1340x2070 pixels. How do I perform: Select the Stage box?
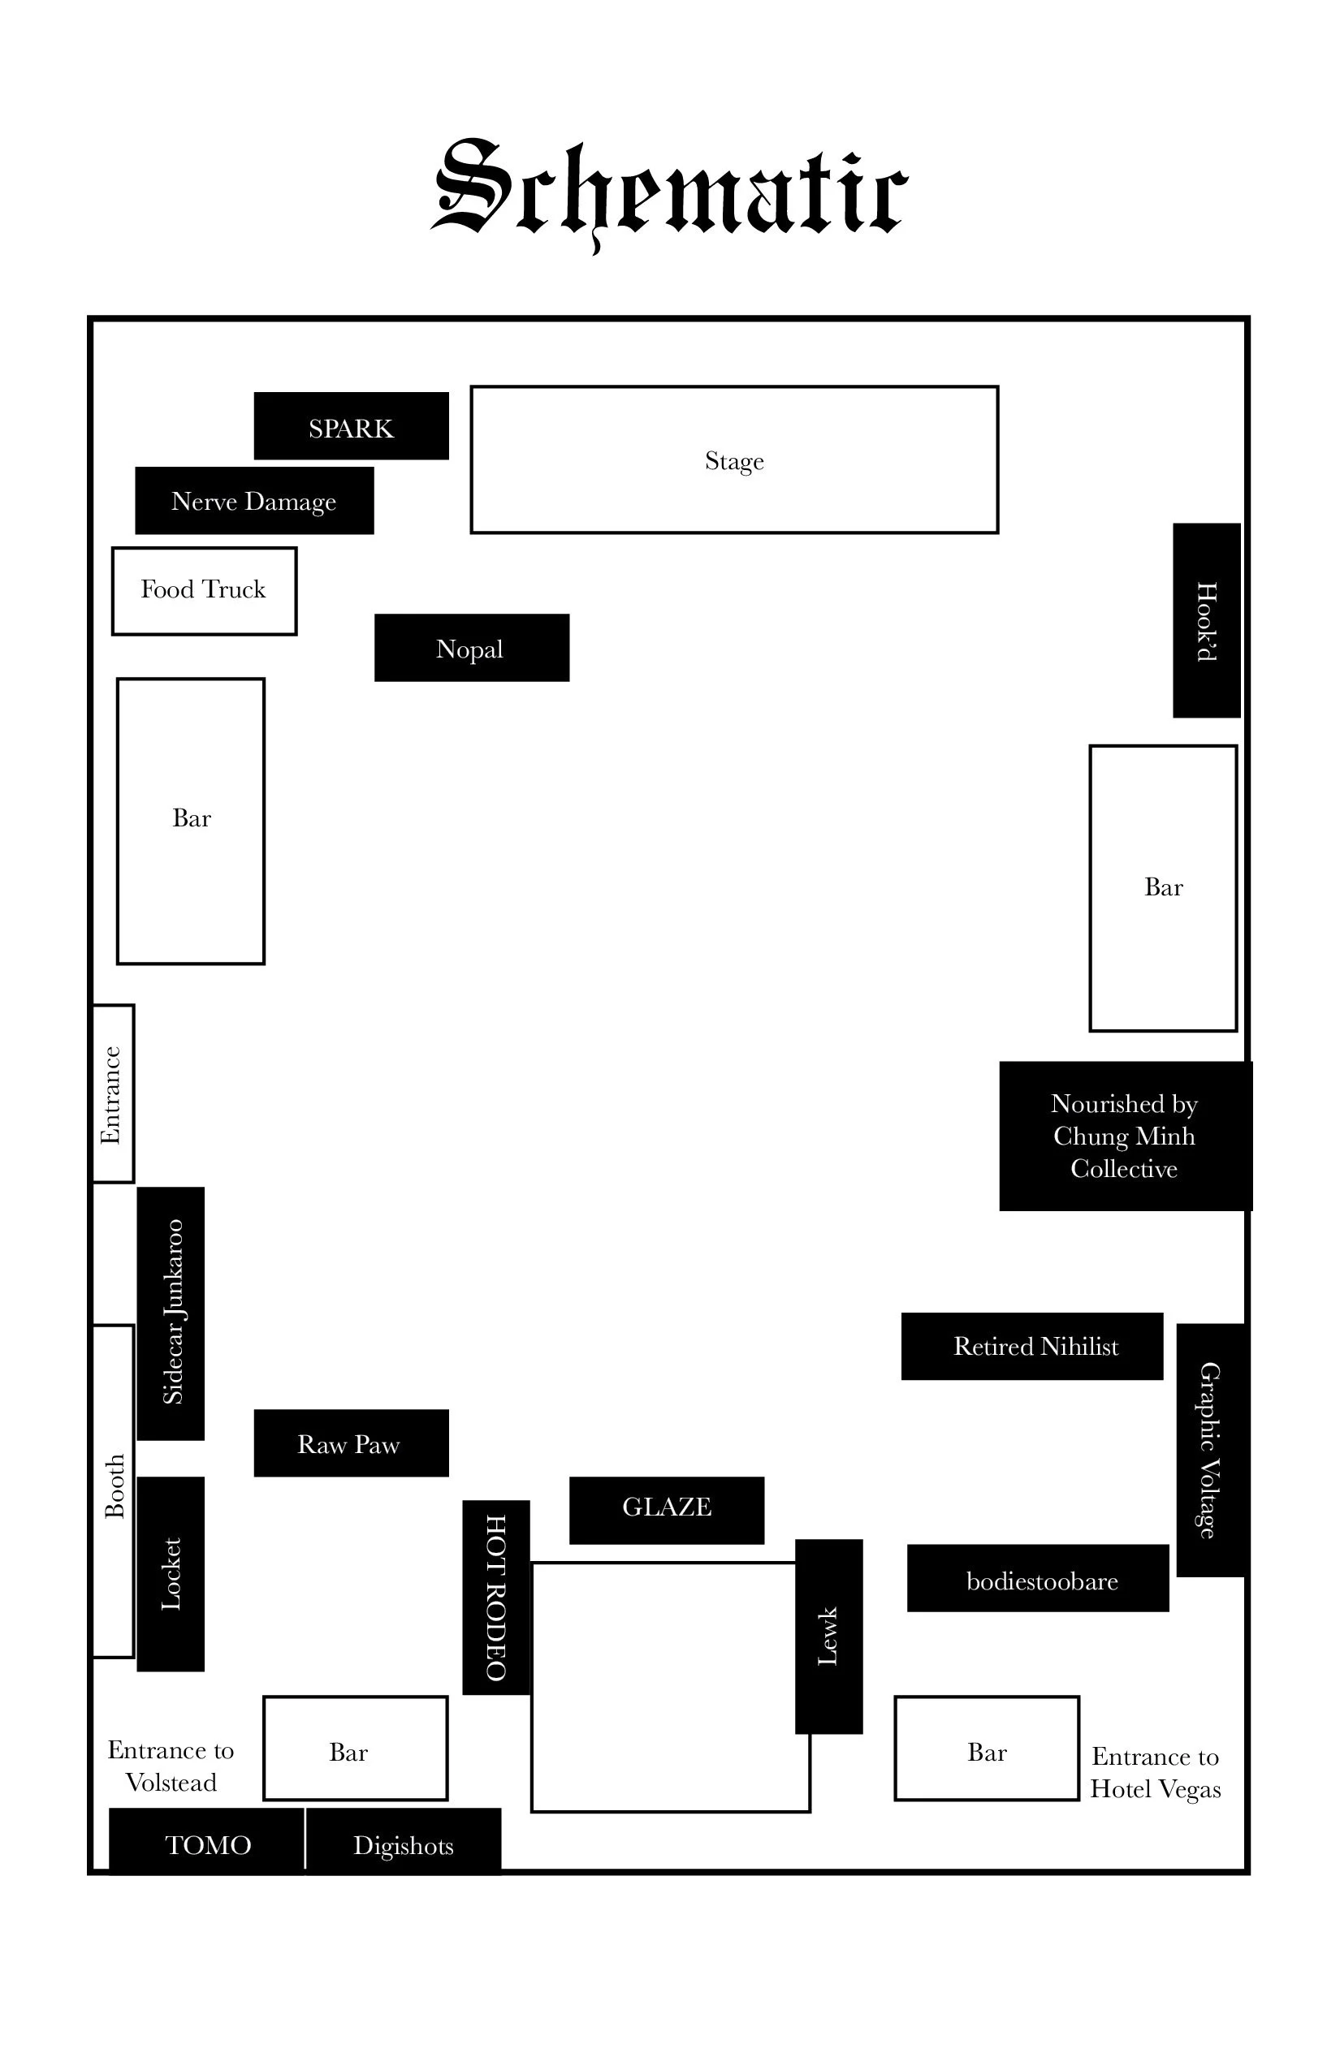733,459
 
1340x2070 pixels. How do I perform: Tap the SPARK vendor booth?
351,426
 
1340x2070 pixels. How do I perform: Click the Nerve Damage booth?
254,501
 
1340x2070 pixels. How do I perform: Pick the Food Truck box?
204,591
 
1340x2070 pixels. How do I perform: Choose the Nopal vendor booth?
472,648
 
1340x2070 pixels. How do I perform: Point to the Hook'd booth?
1206,620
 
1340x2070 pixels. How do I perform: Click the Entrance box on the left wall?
112,1093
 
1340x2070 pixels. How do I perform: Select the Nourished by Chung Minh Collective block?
1124,1136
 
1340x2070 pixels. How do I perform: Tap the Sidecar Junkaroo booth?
171,1313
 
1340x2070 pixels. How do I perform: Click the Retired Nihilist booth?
1032,1347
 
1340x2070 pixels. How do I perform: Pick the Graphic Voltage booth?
1210,1450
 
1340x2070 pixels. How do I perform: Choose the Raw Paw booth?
351,1444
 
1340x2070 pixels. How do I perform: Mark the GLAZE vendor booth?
667,1507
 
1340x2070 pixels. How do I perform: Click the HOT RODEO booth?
495,1597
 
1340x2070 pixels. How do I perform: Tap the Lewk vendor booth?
828,1636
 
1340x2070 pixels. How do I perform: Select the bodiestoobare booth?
1038,1581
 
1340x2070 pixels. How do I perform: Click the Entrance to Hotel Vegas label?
1156,1773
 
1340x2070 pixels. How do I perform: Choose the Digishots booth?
403,1846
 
